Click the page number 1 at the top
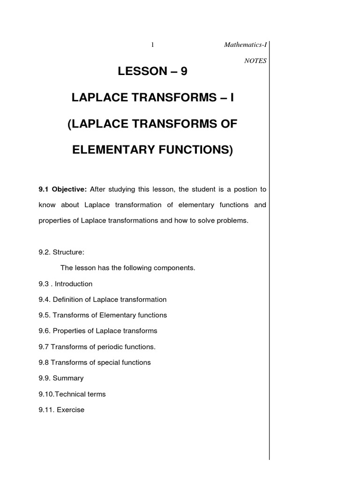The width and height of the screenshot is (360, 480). point(153,45)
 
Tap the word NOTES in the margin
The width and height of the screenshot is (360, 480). point(255,60)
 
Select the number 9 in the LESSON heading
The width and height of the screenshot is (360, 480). point(188,71)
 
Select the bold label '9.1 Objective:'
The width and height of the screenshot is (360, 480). point(63,189)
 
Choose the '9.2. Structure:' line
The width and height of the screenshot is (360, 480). point(61,252)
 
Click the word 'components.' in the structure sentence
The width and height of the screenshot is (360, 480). point(177,268)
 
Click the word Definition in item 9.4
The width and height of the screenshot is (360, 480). point(68,300)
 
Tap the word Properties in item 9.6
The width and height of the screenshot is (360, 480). point(69,331)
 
